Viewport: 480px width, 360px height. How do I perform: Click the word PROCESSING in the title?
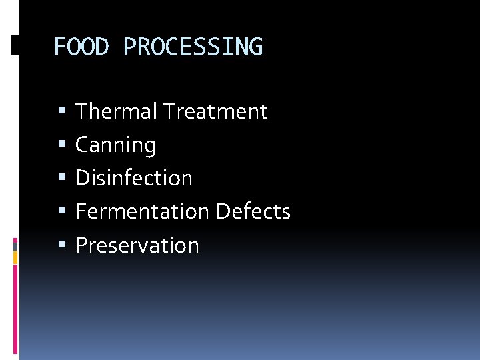pos(193,47)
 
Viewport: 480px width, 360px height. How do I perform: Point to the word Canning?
pos(115,145)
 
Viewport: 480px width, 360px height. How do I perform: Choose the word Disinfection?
pos(133,178)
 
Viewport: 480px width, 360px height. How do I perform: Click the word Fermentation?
pos(142,211)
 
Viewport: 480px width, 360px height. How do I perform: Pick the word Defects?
pos(253,211)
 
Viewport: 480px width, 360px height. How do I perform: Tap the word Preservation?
pos(137,245)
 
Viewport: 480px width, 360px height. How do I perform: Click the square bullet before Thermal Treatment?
pos(62,111)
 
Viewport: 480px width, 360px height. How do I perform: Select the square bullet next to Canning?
pos(62,145)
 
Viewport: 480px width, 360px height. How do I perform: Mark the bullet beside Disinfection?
pos(62,178)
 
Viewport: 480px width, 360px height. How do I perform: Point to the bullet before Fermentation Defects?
pos(62,211)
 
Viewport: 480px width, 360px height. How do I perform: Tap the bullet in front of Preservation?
pos(62,245)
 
